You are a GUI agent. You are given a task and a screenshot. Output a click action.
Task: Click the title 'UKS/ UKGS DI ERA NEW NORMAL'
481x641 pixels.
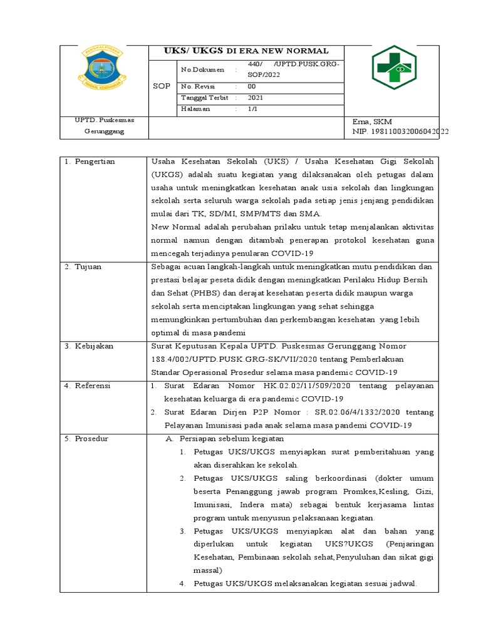246,51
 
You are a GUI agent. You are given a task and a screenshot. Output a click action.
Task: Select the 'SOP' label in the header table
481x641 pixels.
162,86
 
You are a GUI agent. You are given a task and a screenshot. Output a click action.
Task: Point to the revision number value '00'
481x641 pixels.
252,86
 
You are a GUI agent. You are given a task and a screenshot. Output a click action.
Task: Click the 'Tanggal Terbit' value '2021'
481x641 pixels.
256,98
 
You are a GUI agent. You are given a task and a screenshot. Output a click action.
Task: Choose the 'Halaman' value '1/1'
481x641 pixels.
252,109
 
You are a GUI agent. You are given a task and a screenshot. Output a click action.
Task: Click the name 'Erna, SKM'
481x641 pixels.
373,121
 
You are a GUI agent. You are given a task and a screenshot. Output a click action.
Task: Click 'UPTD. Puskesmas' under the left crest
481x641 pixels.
104,120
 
